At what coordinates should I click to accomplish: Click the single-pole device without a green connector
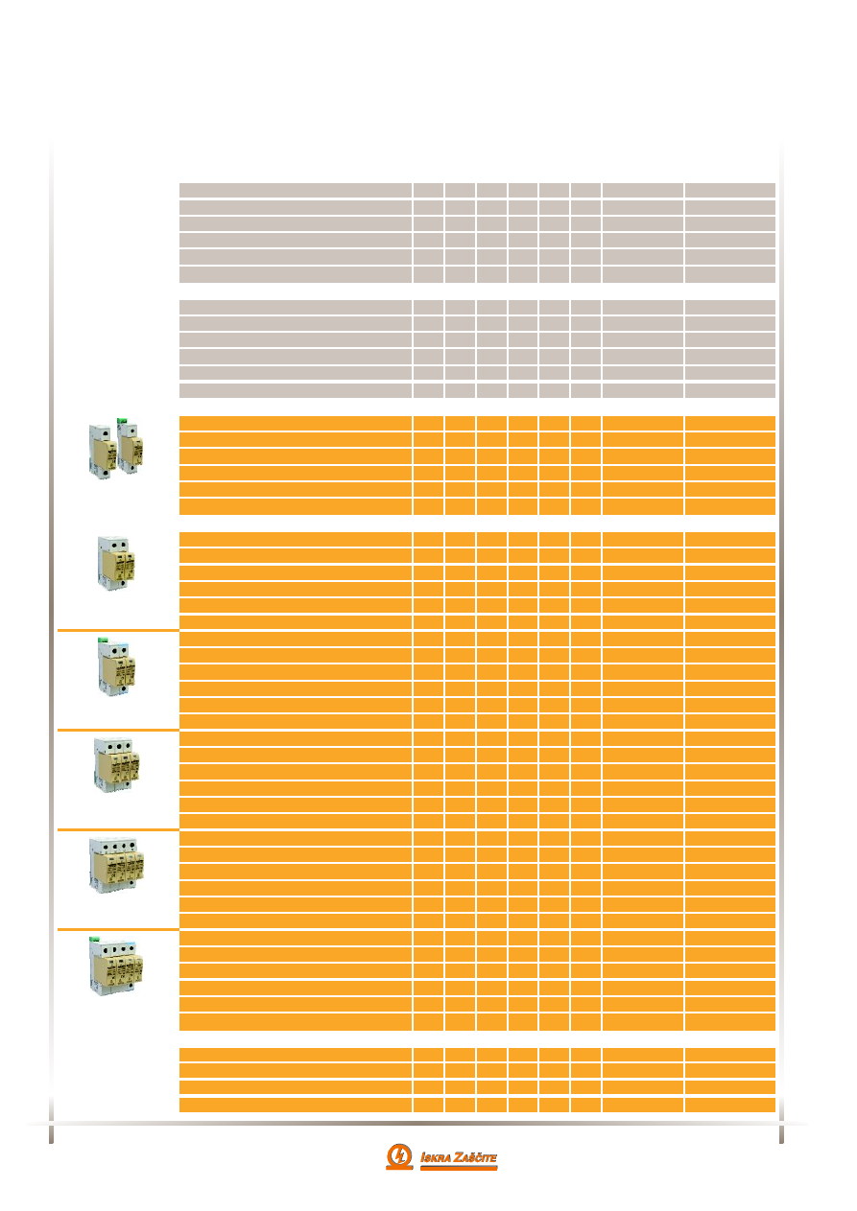pos(101,452)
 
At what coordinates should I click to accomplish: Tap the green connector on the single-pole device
pos(123,419)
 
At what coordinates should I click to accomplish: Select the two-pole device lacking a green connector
pos(116,564)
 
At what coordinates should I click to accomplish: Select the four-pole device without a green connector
pos(114,864)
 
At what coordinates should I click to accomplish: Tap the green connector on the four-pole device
pos(95,939)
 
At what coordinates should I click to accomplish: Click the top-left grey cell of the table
pos(296,190)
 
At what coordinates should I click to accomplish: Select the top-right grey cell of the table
pos(729,190)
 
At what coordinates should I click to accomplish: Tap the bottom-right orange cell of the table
pos(729,1104)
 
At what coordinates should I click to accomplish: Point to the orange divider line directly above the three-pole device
pos(118,730)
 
